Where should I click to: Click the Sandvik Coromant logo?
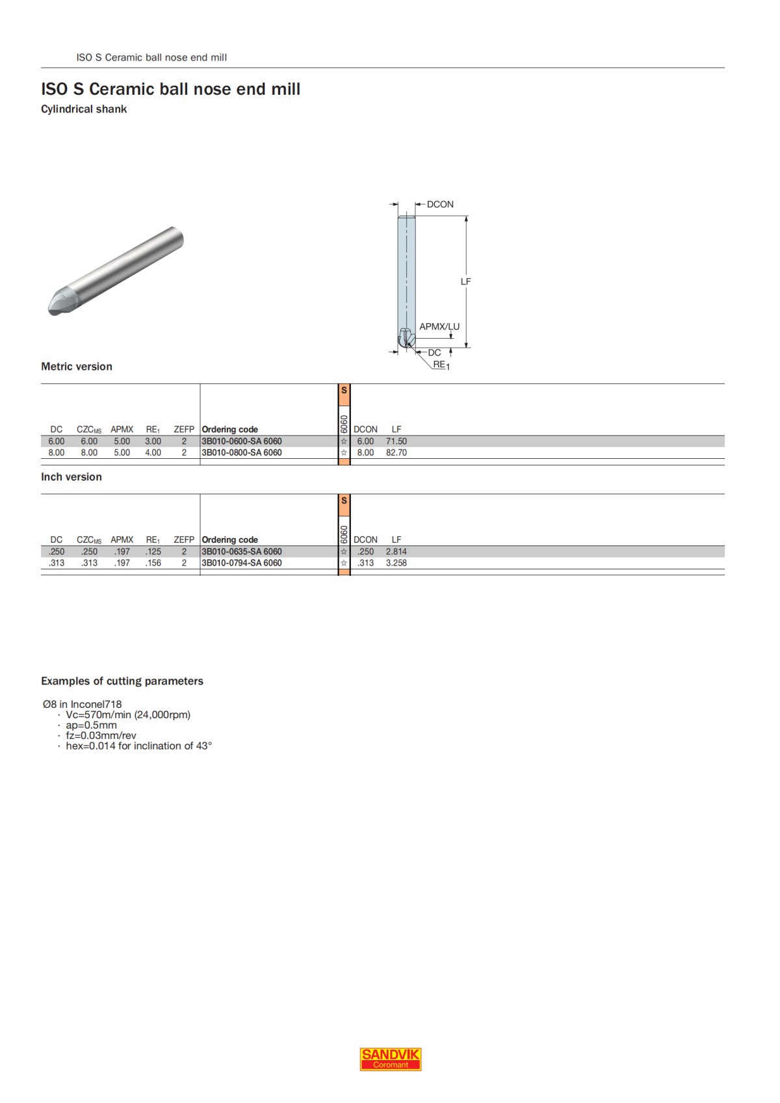[x=391, y=1059]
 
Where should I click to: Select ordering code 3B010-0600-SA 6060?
[x=242, y=441]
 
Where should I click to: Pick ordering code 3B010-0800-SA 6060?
[x=242, y=453]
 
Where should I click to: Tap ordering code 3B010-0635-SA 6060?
[x=242, y=552]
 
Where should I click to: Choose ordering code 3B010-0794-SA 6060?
[x=242, y=564]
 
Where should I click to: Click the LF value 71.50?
[x=396, y=441]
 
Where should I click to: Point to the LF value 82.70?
[x=396, y=453]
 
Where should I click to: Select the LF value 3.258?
[x=396, y=564]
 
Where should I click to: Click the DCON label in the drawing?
[x=440, y=204]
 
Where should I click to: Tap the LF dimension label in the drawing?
[x=465, y=281]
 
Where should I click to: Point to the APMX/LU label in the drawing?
[x=439, y=327]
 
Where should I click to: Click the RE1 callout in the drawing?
[x=441, y=365]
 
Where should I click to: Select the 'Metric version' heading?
[x=77, y=367]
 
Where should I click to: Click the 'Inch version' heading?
[x=71, y=477]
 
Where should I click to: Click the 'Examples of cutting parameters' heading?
[x=122, y=681]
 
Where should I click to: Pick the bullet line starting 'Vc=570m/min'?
[x=128, y=715]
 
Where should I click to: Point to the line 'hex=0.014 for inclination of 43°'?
[x=138, y=746]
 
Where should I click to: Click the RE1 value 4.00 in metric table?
[x=153, y=453]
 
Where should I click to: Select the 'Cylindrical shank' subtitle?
[x=84, y=109]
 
